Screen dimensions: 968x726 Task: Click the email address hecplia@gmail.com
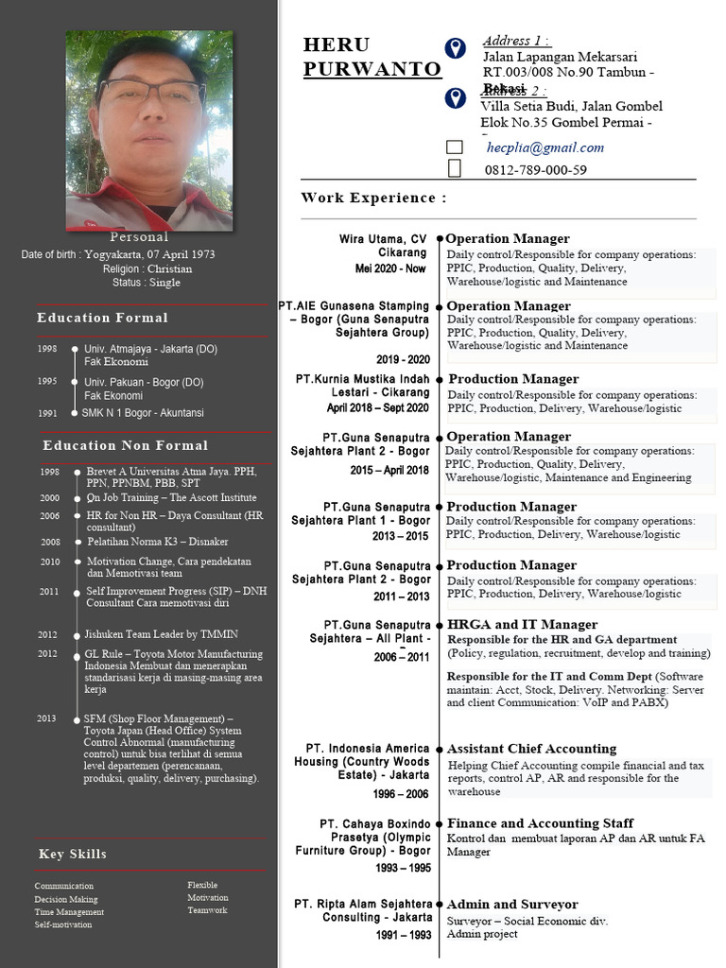(545, 147)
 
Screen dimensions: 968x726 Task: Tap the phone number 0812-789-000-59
(535, 170)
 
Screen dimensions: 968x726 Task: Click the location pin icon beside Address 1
(455, 49)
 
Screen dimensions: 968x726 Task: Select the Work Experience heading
(373, 198)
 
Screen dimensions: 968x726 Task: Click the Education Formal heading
(102, 318)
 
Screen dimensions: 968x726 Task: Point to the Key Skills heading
(73, 854)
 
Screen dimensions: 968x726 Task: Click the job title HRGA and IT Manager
(522, 624)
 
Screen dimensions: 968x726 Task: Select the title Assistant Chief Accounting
(531, 749)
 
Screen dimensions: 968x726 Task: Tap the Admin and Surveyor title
(511, 905)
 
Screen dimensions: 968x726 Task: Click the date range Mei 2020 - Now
(390, 268)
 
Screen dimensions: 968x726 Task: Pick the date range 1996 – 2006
(402, 794)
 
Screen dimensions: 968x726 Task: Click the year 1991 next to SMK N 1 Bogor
(47, 413)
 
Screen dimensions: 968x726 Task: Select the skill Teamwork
(207, 910)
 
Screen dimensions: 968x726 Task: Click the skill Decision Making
(66, 899)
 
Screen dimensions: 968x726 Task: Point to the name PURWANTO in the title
(372, 70)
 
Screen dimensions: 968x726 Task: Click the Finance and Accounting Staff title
(540, 823)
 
